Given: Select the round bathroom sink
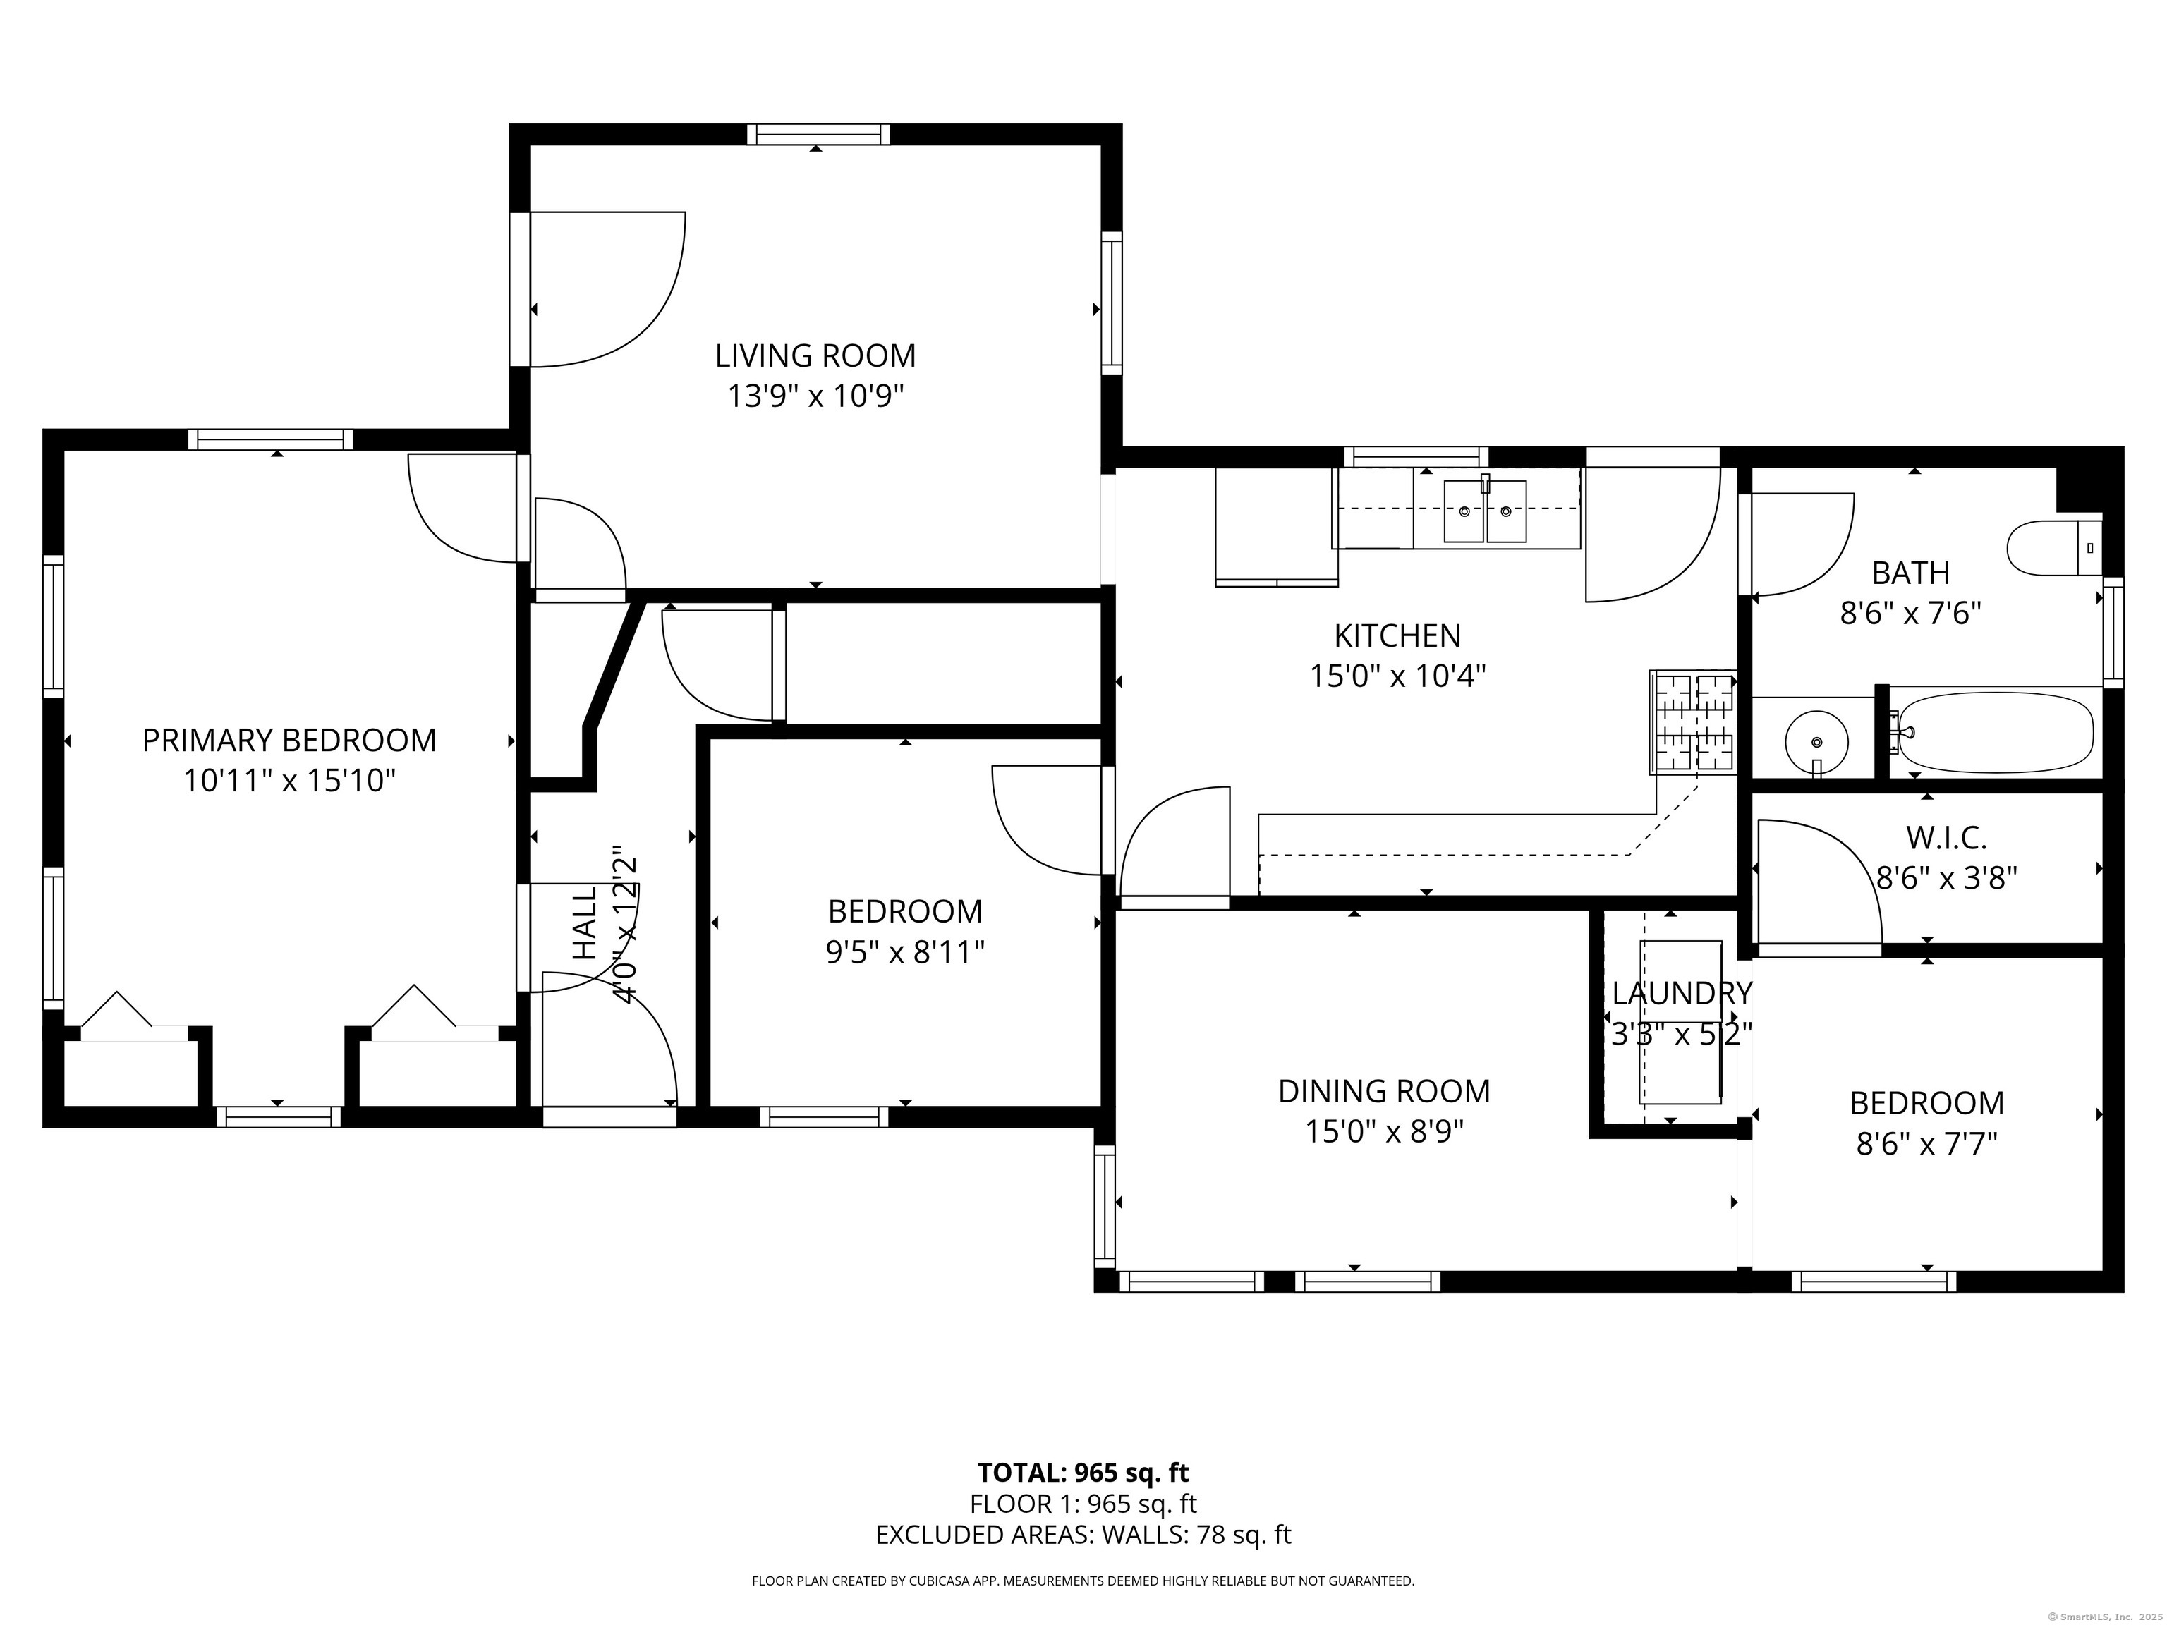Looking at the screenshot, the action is point(1816,741).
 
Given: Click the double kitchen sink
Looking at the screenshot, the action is point(1484,511).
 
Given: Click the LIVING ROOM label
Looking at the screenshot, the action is point(815,355).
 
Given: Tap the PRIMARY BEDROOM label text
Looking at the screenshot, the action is point(289,741).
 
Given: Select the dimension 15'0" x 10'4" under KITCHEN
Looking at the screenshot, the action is point(1398,676).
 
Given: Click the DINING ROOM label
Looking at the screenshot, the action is point(1383,1091).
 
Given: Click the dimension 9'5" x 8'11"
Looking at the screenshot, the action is point(905,952).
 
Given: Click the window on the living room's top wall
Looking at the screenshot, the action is point(818,134).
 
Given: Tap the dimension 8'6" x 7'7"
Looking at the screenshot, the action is point(1926,1144).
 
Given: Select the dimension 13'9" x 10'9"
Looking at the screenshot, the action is point(815,396).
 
